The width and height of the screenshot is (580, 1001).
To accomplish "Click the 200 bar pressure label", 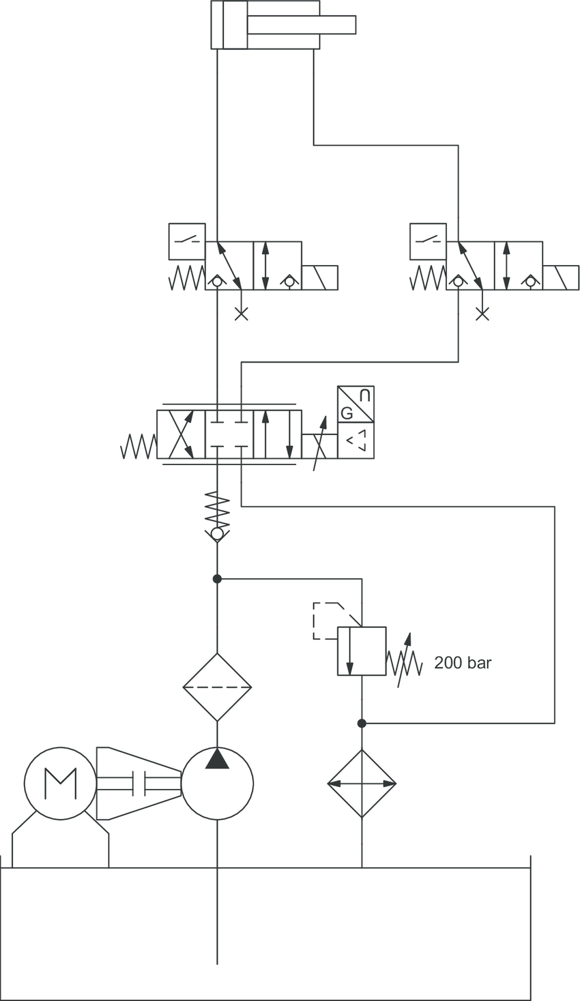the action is (463, 663).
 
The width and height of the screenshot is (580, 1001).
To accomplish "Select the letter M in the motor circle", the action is (60, 783).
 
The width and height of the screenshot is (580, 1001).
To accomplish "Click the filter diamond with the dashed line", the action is (218, 687).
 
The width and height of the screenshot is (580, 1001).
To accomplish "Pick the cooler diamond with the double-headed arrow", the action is (362, 783).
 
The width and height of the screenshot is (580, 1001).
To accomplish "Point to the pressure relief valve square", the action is (362, 651).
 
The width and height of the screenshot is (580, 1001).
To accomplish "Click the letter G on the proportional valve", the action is (347, 414).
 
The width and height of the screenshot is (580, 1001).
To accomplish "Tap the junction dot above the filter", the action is (218, 579).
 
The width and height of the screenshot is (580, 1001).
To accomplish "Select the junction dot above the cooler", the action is (362, 723).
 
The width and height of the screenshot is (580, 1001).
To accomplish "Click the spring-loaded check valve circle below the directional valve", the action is (218, 533).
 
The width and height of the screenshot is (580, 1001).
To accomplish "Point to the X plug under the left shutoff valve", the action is (242, 314).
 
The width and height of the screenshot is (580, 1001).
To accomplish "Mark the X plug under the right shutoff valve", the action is (482, 314).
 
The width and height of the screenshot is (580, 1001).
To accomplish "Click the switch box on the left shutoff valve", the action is (187, 241).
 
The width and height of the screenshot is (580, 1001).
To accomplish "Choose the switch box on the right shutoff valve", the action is (428, 241).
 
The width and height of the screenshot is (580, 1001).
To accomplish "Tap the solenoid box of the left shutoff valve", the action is (320, 278).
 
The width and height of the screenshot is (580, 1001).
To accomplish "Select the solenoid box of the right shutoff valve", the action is (561, 278).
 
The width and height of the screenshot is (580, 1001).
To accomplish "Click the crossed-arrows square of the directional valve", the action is (181, 434).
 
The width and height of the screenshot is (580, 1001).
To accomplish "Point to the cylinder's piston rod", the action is (302, 25).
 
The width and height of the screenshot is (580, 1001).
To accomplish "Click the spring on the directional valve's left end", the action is (139, 447).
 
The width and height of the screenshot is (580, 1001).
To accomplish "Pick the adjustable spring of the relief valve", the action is (404, 663).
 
